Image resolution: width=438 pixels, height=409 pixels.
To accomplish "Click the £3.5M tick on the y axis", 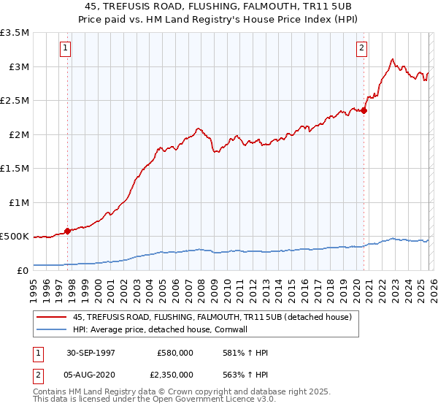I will (15, 33).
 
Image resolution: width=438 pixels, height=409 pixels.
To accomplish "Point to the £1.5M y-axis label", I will (15, 169).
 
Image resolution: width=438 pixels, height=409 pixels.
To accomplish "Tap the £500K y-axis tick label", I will (15, 237).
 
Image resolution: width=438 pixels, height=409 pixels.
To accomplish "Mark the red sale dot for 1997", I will (68, 231).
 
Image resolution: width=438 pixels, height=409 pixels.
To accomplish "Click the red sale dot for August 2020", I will (364, 111).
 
